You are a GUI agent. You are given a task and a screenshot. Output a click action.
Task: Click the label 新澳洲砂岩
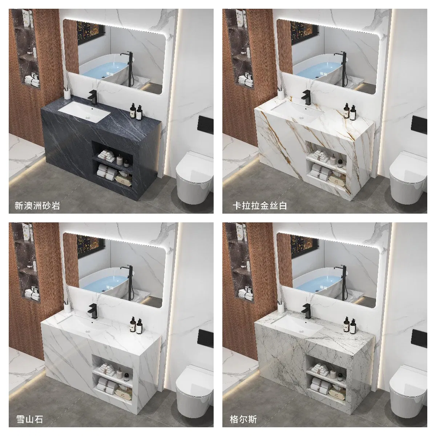tap(37, 206)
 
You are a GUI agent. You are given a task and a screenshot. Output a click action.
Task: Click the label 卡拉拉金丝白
tap(260, 206)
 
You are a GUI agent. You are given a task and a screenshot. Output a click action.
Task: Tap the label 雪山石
tap(29, 419)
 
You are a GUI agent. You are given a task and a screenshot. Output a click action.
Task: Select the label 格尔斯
tap(243, 419)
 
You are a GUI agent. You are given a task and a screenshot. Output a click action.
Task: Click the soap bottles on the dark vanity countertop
tap(136, 111)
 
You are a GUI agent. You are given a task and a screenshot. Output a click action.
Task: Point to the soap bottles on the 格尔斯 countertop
tap(350, 324)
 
